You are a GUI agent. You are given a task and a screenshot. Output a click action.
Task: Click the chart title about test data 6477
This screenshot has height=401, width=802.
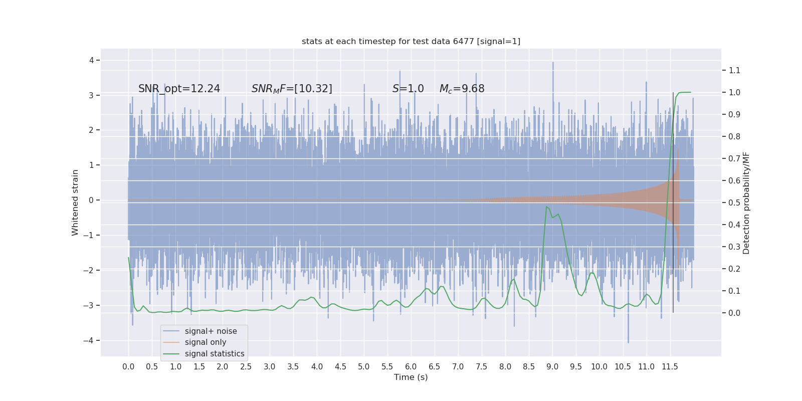411,42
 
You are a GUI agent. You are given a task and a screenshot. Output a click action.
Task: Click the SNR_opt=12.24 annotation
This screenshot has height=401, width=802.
179,89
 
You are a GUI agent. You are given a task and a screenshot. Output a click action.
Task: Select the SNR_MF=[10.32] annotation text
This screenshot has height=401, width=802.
292,89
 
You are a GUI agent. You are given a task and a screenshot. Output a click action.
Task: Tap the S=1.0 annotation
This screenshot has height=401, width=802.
408,89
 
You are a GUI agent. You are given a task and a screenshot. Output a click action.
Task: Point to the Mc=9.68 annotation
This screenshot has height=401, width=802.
462,89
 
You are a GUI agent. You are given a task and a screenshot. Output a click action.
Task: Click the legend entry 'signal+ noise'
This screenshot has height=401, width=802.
211,331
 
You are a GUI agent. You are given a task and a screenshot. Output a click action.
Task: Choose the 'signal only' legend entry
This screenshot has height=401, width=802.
206,342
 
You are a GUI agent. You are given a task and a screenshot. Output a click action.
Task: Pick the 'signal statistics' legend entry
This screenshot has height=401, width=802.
215,354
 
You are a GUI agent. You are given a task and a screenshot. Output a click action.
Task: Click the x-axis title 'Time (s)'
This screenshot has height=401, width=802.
411,377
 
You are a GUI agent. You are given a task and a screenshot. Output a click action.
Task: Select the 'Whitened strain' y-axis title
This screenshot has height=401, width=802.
75,203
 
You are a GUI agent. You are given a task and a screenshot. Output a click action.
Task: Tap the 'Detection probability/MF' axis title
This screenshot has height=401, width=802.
746,203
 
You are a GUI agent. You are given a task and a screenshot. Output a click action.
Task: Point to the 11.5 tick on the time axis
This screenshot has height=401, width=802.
670,367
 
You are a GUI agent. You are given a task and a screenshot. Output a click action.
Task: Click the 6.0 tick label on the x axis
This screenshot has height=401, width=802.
411,367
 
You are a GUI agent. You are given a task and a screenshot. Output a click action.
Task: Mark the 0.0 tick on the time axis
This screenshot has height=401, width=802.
128,367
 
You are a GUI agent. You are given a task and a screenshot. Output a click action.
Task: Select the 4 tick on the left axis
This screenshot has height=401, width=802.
92,61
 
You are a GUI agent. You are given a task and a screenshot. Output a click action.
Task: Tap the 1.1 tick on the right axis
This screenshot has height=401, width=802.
734,70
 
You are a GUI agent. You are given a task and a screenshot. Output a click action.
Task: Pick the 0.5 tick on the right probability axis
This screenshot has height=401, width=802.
734,203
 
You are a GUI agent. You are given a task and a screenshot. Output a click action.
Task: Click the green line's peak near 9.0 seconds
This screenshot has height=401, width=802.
546,207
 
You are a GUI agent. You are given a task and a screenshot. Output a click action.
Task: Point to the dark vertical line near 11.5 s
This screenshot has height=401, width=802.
673,200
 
